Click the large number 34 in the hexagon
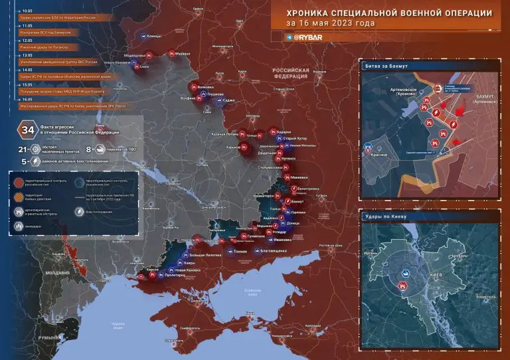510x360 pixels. [x=28, y=129]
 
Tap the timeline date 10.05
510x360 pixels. [x=28, y=12]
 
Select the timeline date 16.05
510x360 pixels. [x=28, y=99]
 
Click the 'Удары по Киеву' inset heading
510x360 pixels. [x=386, y=217]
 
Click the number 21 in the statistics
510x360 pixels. [x=25, y=150]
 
